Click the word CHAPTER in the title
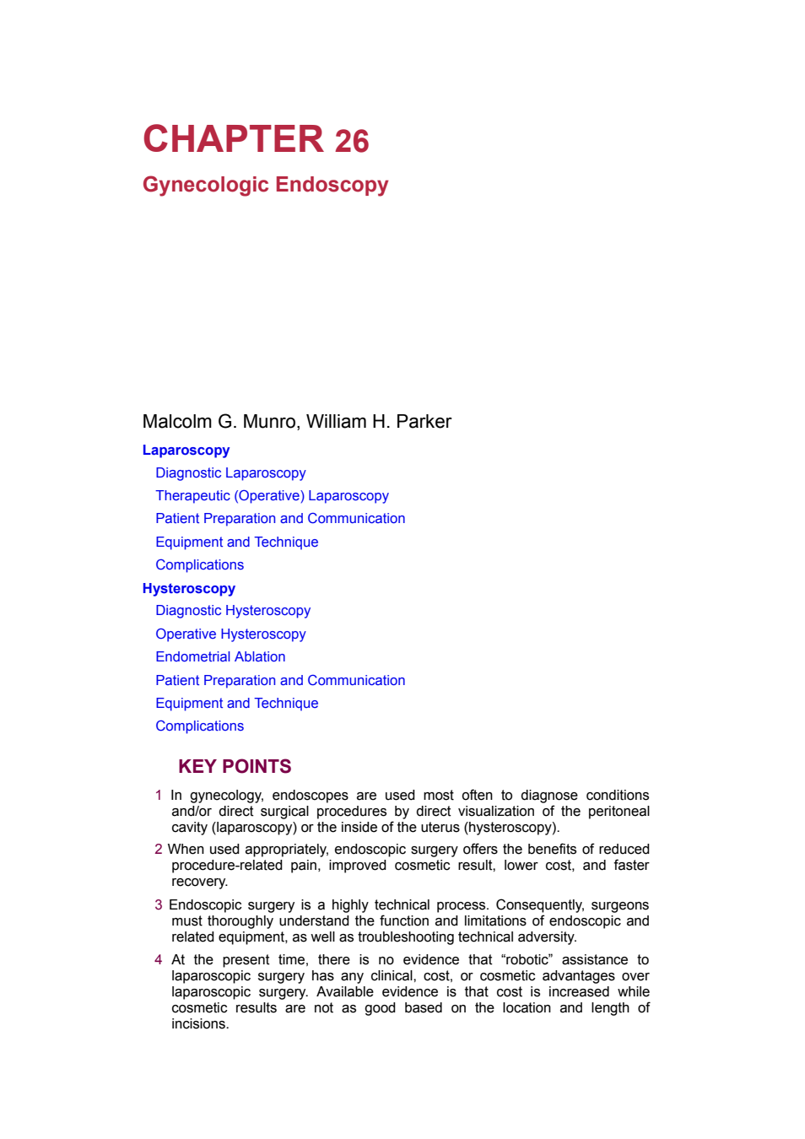click(x=234, y=138)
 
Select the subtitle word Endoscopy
click(x=332, y=185)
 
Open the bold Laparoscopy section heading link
click(x=186, y=451)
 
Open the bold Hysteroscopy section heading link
click(x=189, y=589)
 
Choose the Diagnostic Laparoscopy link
click(x=230, y=472)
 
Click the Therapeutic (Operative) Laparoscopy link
click(x=272, y=496)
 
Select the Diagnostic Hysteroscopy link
click(x=233, y=611)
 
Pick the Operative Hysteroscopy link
click(x=230, y=634)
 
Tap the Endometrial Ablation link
click(x=220, y=657)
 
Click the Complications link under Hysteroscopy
click(x=199, y=726)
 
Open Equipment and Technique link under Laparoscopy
click(x=237, y=542)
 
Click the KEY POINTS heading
click(x=235, y=766)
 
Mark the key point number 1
click(x=159, y=796)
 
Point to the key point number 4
click(x=159, y=960)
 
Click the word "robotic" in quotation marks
click(x=527, y=960)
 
